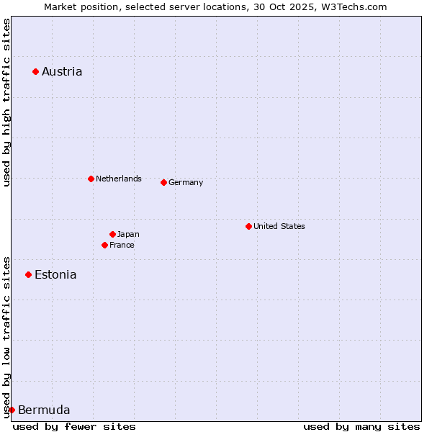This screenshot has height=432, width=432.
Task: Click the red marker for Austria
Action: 35,71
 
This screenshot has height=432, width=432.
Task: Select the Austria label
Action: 62,71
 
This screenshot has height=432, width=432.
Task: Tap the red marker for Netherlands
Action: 91,179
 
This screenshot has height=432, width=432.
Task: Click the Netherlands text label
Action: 119,179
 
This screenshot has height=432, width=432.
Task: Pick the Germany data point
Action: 163,182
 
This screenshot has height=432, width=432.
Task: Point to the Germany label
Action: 186,182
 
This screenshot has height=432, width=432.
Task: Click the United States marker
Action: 248,226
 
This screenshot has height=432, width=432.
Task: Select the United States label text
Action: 279,226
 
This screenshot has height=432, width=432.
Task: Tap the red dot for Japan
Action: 112,234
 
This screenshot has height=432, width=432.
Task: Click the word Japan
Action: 128,234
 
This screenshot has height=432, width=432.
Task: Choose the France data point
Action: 104,245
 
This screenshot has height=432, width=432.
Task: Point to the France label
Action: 122,245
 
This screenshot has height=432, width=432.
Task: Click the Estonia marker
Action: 28,274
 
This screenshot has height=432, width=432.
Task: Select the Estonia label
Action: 55,274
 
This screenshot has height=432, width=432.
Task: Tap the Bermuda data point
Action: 12,410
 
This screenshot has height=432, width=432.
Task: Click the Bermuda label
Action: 44,410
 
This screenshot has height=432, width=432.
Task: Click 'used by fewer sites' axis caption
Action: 74,426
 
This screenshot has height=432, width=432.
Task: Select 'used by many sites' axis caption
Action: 361,426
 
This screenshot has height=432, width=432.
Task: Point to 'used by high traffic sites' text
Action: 6,103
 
